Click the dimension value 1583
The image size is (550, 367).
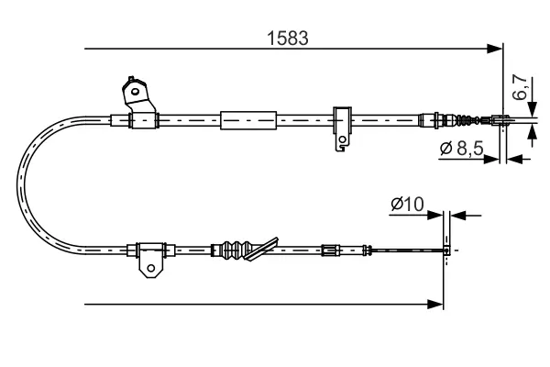tap(288, 38)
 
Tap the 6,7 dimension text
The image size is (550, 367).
tap(520, 87)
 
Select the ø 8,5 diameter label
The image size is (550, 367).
tap(462, 149)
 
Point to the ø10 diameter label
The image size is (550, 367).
tap(407, 204)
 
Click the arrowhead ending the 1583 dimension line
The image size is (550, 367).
tap(495, 49)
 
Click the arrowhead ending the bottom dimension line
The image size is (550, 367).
tap(436, 304)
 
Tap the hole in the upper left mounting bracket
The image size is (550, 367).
tap(135, 92)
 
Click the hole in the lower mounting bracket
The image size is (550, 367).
tap(151, 268)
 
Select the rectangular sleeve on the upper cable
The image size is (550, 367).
tap(248, 120)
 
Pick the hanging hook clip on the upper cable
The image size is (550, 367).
tap(342, 128)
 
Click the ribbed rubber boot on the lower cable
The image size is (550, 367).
tap(232, 250)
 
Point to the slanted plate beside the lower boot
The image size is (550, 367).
tap(261, 250)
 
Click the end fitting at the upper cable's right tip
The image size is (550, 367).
tap(500, 120)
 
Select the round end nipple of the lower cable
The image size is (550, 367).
tap(446, 250)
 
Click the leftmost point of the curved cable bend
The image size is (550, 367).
tap(16, 183)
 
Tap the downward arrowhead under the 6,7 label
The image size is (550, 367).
tap(532, 109)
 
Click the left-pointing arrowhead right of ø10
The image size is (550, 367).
tap(458, 216)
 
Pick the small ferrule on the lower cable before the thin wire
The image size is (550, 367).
tap(331, 250)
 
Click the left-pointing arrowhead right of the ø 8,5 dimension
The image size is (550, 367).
tap(514, 159)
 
